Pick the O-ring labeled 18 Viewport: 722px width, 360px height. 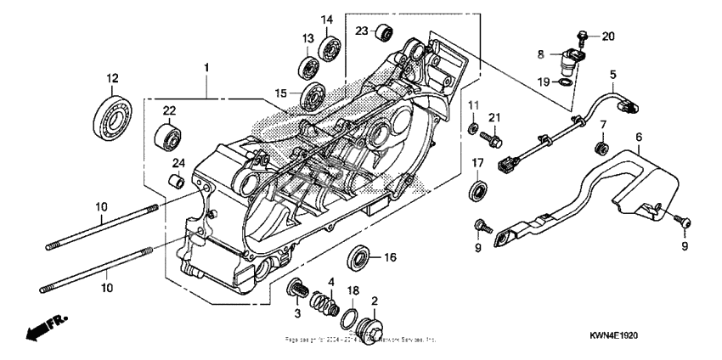348,318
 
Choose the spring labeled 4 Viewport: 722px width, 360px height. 320,301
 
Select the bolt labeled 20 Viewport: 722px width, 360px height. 583,36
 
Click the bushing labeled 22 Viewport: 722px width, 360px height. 168,134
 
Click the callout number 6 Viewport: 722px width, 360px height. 638,136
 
